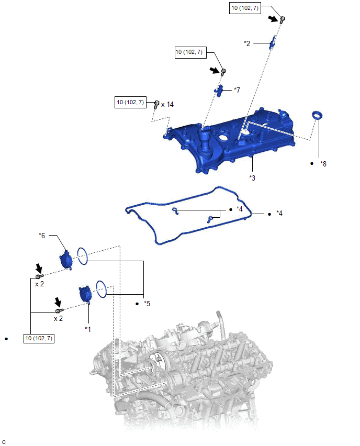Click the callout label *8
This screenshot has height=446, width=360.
[323, 164]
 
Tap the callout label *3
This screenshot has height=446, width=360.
[252, 178]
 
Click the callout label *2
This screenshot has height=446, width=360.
[247, 43]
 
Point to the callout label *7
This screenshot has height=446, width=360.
[237, 90]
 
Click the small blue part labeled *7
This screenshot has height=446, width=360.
[218, 91]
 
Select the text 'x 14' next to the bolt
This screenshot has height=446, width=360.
[167, 105]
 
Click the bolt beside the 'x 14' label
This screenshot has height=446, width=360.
[156, 105]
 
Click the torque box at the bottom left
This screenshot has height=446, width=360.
[39, 339]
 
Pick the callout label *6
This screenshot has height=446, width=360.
[42, 236]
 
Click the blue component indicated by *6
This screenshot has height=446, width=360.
[66, 260]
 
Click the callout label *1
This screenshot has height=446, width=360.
[88, 329]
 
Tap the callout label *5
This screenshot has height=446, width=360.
[147, 304]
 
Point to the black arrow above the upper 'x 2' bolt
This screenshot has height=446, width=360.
[39, 268]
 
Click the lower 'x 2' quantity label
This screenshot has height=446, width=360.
[58, 319]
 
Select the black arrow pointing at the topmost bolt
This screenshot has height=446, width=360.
[274, 18]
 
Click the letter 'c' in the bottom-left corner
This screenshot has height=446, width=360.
[4, 442]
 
